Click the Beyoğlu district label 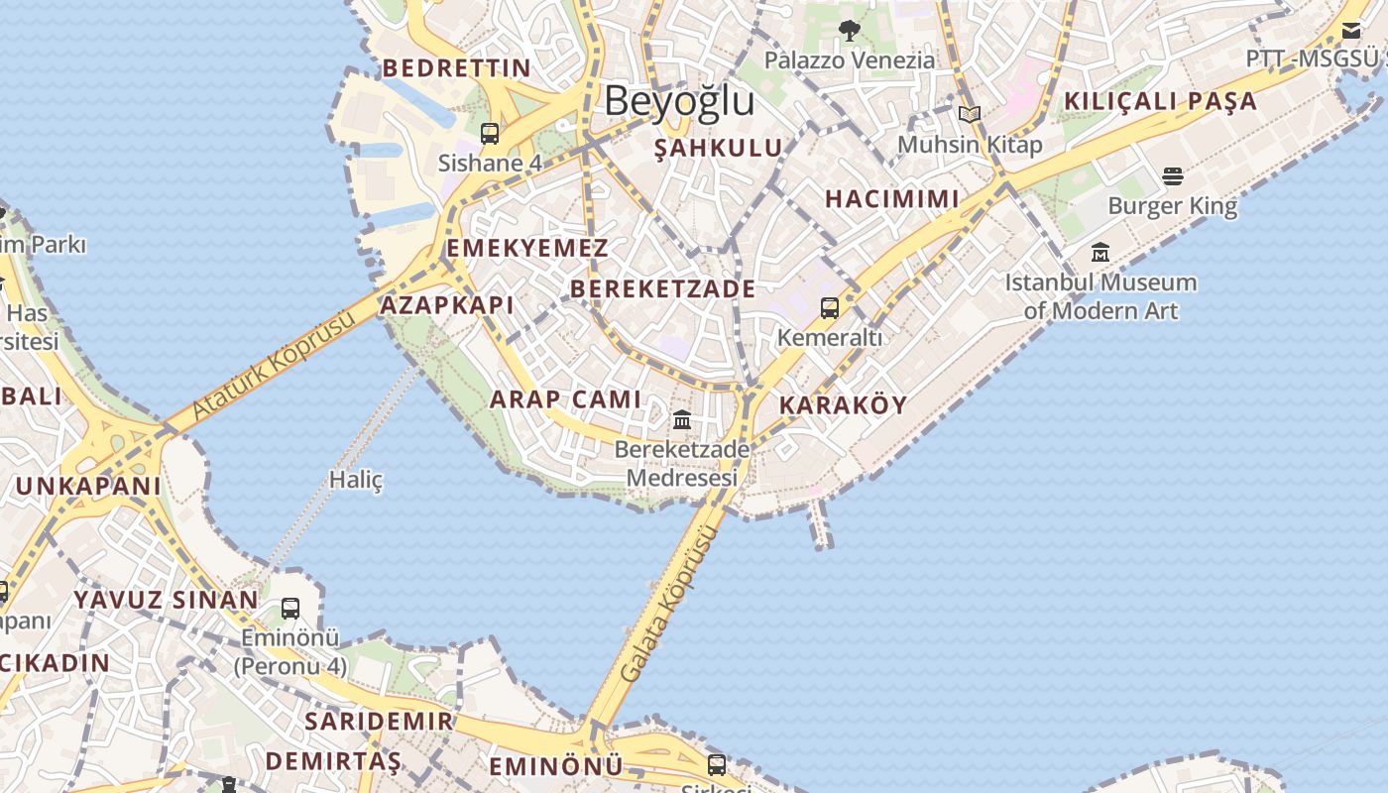(x=679, y=101)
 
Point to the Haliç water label (x=356, y=480)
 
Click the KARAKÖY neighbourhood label (x=843, y=404)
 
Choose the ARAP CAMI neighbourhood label (x=566, y=399)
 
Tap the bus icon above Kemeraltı (x=830, y=308)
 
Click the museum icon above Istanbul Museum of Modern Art (x=1100, y=253)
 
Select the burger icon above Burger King (x=1173, y=176)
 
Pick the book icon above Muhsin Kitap (x=970, y=115)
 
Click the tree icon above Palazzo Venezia (x=849, y=31)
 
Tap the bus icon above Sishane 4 (x=490, y=133)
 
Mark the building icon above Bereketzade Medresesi (x=682, y=420)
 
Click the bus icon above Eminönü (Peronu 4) (x=290, y=608)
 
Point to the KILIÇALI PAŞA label (x=1160, y=101)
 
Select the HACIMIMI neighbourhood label (x=892, y=198)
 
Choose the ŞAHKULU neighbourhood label (x=719, y=148)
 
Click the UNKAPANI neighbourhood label (x=88, y=486)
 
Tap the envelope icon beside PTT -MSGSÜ (x=1351, y=31)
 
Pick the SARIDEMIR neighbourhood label (x=379, y=721)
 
